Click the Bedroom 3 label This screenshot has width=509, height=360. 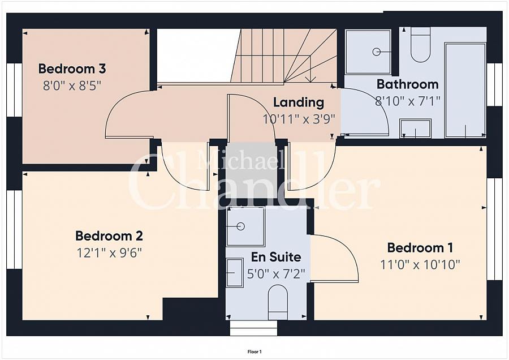tap(72, 69)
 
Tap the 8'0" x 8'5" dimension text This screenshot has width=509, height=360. tap(72, 86)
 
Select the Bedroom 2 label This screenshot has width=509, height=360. tap(109, 236)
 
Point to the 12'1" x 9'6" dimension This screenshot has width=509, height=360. tap(109, 253)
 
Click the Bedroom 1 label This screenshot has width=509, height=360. tap(420, 248)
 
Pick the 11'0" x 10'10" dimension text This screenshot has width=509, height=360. tap(420, 265)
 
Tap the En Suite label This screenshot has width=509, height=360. tap(276, 257)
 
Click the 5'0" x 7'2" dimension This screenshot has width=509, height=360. tap(276, 274)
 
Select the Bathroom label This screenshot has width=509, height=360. tap(408, 84)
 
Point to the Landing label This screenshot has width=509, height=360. tap(298, 102)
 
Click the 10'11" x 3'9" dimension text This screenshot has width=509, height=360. tap(298, 119)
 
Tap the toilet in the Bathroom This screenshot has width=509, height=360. tap(420, 45)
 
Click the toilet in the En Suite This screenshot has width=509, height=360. tap(278, 302)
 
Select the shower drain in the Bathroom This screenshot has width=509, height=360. tap(377, 52)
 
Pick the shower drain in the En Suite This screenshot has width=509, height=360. tap(240, 226)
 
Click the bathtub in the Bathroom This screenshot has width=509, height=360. tap(465, 90)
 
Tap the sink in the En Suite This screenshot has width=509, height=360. tap(235, 273)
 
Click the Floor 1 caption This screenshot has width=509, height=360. tap(255, 352)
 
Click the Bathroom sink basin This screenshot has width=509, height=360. tap(416, 128)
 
